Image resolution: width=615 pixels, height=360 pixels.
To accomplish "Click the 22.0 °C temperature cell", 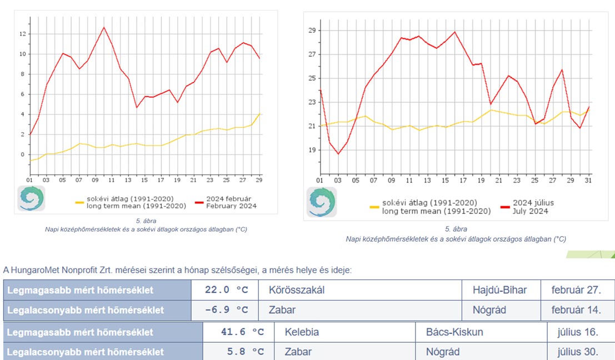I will (x=226, y=290).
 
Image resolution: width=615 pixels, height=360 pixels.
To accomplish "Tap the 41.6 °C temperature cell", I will (x=242, y=332).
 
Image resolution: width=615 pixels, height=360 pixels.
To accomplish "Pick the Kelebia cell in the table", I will (x=302, y=332).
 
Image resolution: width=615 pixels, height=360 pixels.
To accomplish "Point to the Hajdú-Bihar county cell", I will (x=499, y=290).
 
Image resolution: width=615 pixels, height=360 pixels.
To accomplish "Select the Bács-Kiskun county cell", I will (x=454, y=332).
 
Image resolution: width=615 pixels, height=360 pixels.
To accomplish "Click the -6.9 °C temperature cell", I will (x=226, y=310).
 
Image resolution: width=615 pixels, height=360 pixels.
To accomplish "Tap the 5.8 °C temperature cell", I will (x=242, y=352).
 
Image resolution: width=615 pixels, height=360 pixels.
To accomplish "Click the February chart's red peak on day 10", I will (x=103, y=27).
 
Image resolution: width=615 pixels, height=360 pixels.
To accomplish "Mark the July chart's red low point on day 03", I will (x=338, y=154).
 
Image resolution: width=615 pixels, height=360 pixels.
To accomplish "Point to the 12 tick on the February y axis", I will (x=23, y=34).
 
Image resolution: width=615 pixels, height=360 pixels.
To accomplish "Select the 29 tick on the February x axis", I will (x=259, y=179).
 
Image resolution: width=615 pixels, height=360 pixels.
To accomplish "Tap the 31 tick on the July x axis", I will (x=589, y=180).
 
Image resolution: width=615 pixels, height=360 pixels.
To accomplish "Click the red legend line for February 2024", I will (x=200, y=203).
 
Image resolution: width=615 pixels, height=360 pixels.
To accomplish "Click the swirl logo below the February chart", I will (x=31, y=199).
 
